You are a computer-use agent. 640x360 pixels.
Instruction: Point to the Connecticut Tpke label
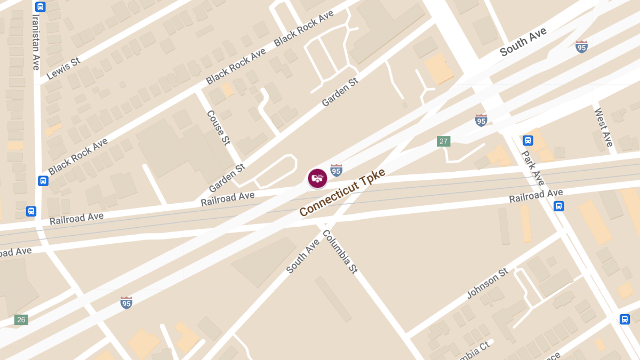click(342, 192)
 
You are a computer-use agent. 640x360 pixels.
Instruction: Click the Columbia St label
click(340, 252)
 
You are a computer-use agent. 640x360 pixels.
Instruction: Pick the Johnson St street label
click(487, 284)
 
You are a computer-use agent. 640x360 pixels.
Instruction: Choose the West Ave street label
click(604, 127)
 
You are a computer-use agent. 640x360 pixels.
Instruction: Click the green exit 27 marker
click(443, 141)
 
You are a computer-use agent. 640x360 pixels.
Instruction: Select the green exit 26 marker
click(21, 320)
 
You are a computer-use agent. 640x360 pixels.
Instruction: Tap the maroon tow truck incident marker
click(317, 178)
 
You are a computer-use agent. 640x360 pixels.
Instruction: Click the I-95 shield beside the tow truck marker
click(336, 170)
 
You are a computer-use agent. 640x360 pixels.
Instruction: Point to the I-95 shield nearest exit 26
click(126, 303)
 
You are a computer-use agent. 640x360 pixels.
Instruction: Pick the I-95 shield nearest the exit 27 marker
click(481, 120)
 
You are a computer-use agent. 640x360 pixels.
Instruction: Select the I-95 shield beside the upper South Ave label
click(581, 46)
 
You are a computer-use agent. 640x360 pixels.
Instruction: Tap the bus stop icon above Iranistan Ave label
click(40, 7)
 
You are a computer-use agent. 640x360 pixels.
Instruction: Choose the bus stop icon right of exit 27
click(528, 140)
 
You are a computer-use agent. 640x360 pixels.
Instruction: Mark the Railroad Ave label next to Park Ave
click(535, 196)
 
